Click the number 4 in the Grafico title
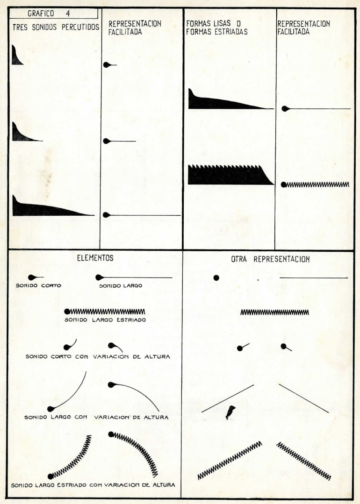tap(68, 14)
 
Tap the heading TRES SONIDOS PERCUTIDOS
tap(56, 27)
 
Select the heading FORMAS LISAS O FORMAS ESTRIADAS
tap(217, 27)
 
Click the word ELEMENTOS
tap(95, 258)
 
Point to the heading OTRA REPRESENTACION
tap(270, 259)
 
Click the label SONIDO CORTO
tap(38, 285)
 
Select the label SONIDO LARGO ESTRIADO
tap(105, 320)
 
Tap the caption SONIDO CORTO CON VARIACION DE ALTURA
tap(98, 356)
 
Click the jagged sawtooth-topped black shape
tap(230, 175)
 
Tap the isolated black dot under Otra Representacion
tap(216, 277)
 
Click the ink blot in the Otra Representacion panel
tap(230, 412)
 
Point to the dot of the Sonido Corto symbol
tap(31, 277)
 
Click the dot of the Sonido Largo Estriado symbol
tap(67, 312)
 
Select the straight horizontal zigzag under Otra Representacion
tap(275, 312)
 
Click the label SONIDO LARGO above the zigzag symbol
tap(121, 285)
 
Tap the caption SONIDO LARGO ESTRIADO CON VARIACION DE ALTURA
tap(93, 485)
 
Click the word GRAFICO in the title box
tap(41, 14)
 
